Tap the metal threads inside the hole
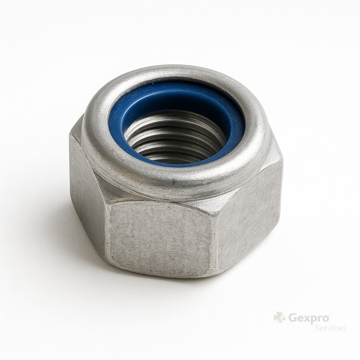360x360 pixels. point(174,138)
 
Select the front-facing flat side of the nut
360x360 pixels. point(161,239)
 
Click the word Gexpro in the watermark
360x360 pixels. point(309,319)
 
